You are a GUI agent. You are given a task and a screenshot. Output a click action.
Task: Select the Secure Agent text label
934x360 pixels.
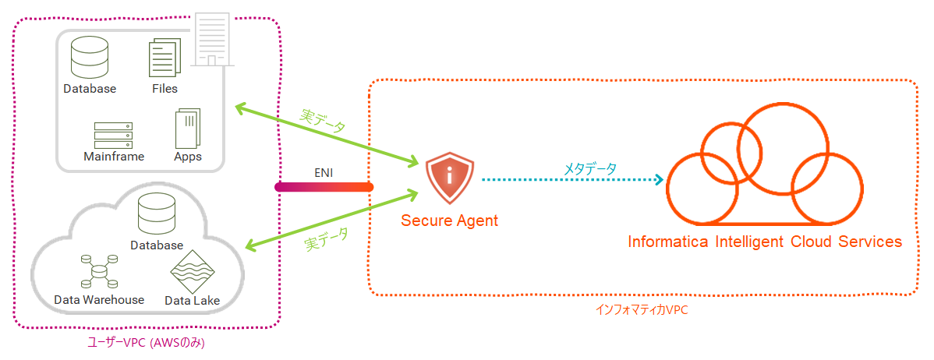point(449,221)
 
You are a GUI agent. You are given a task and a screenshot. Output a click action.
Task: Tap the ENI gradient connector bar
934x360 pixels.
point(324,187)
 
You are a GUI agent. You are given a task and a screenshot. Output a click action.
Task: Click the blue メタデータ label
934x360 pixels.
point(590,168)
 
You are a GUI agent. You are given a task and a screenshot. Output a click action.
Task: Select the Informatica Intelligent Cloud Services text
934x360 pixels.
point(765,242)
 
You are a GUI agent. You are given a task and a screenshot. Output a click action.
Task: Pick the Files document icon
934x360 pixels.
point(165,58)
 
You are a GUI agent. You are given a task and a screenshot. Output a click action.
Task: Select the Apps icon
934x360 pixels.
point(187,127)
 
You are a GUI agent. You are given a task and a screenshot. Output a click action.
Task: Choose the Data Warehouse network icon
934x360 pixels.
point(99,271)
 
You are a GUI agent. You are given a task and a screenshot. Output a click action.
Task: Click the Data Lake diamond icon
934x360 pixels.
point(192,271)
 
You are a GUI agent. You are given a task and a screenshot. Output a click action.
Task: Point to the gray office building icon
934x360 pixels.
point(211,38)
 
